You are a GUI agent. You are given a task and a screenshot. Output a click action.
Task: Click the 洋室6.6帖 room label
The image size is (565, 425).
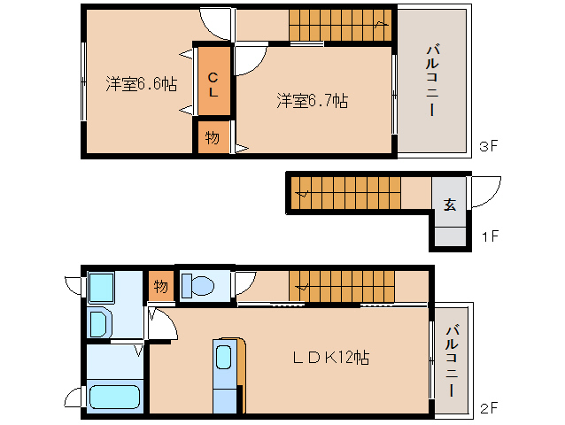pos(141,85)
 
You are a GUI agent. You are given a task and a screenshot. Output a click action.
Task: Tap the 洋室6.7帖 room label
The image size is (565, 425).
pos(312,101)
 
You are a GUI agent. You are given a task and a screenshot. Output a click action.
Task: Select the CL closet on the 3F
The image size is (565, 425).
pos(213,81)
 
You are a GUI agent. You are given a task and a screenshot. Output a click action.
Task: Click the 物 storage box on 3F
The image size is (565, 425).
pos(213,138)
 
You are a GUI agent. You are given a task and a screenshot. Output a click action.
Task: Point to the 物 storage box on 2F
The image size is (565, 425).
pos(160,286)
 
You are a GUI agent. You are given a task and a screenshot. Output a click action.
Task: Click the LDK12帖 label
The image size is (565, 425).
pos(331,359)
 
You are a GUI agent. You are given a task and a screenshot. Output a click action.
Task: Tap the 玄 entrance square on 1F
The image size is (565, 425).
pos(449,204)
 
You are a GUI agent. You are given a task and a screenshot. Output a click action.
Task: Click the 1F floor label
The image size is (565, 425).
pos(489,237)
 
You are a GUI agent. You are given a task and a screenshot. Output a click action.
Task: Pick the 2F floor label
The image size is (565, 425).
pos(489,408)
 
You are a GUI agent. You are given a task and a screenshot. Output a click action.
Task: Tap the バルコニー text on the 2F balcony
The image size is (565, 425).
pos(452,359)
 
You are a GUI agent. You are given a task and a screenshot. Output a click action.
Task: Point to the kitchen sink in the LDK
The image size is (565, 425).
pos(224,358)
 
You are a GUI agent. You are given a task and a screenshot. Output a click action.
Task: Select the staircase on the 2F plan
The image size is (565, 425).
pos(341,285)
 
